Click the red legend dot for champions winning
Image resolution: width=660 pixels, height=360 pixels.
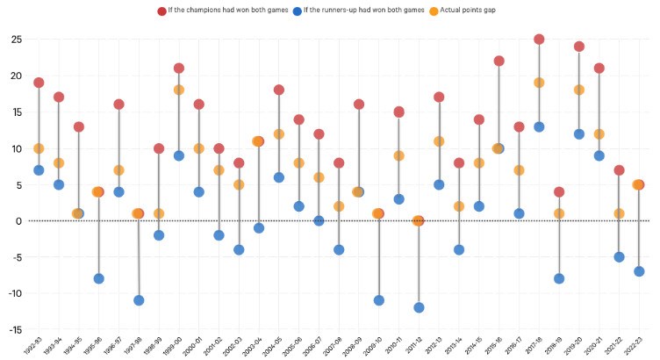point(162,11)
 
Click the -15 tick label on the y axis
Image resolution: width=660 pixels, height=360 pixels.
point(15,330)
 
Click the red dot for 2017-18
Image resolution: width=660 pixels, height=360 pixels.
point(539,40)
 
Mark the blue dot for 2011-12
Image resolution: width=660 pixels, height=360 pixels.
point(419,308)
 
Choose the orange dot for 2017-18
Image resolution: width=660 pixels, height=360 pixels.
point(539,83)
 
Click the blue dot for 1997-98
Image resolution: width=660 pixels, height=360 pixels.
point(138,300)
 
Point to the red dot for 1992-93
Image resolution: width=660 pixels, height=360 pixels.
point(39,83)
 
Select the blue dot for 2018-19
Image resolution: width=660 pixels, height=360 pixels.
point(559,279)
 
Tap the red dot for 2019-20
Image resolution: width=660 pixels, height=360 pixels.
point(579,47)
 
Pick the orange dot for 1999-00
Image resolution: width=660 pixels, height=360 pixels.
point(178,90)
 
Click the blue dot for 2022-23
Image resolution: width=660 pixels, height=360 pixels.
point(639,271)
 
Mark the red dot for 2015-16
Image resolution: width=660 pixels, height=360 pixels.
point(499,61)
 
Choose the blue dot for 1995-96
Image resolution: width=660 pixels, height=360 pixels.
point(98,279)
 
